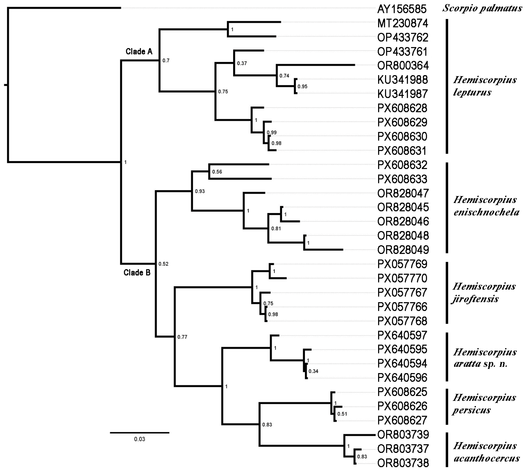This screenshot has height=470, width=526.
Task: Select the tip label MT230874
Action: pyautogui.click(x=403, y=24)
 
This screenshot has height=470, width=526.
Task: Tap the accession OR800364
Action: pyautogui.click(x=403, y=66)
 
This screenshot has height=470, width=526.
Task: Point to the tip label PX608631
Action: pyautogui.click(x=402, y=151)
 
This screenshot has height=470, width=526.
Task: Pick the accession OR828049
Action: pyautogui.click(x=403, y=250)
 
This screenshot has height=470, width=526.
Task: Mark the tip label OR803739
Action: pyautogui.click(x=403, y=435)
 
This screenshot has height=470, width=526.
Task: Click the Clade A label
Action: pyautogui.click(x=139, y=52)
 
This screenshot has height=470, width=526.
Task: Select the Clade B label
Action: pyautogui.click(x=137, y=272)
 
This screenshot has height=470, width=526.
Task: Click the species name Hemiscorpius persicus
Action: pyautogui.click(x=484, y=404)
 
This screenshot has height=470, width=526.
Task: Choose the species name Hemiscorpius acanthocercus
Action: pyautogui.click(x=486, y=452)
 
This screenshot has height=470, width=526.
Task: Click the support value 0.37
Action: pyautogui.click(x=242, y=63)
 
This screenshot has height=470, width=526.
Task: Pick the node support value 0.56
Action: pyautogui.click(x=217, y=172)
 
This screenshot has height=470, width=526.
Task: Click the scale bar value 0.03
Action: pyautogui.click(x=140, y=439)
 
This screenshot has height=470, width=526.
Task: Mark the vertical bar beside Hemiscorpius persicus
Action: pyautogui.click(x=447, y=407)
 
